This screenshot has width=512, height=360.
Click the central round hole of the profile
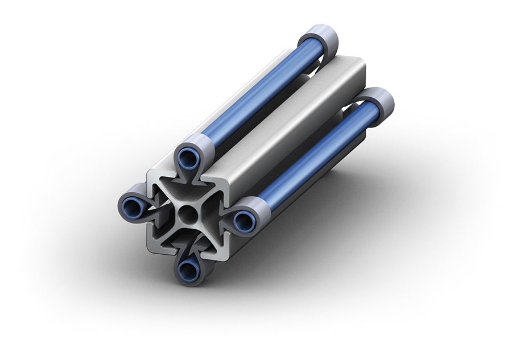188,215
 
